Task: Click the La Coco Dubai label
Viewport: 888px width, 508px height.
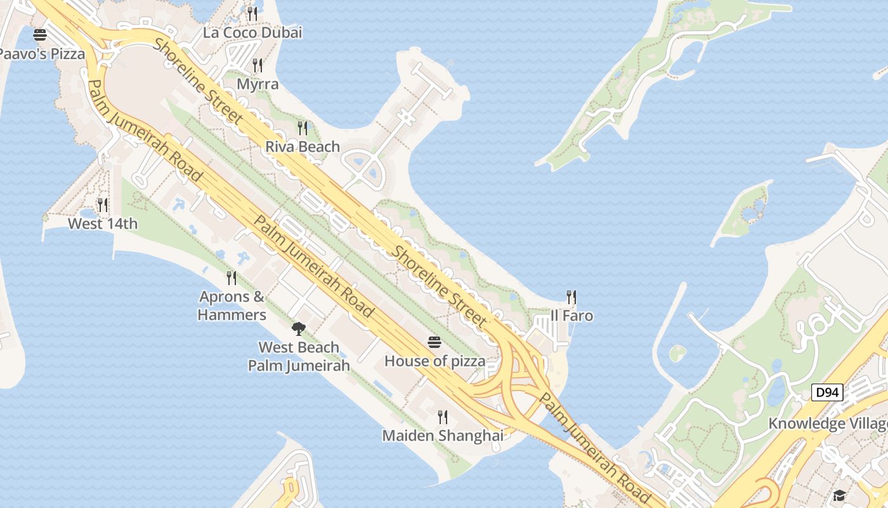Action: click(x=252, y=32)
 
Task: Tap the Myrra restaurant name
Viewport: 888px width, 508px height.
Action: click(x=258, y=84)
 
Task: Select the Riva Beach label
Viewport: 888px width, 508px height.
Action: click(x=303, y=147)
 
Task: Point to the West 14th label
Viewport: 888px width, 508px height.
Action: click(x=103, y=224)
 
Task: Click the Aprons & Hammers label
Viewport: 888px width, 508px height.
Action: click(x=232, y=305)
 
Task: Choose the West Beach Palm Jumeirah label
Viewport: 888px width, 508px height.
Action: click(x=299, y=356)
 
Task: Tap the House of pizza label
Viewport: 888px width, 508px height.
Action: click(x=435, y=361)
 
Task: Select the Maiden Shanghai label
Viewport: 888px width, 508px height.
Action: click(x=443, y=436)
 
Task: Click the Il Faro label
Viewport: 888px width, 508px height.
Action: click(x=571, y=316)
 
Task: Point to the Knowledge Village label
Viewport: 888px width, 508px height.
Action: click(x=827, y=424)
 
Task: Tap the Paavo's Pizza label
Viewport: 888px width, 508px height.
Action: click(x=41, y=54)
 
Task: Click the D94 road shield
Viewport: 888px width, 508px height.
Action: click(x=827, y=392)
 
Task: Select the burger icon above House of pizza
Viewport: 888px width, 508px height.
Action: click(x=434, y=343)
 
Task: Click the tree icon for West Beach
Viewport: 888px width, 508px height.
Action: click(x=298, y=328)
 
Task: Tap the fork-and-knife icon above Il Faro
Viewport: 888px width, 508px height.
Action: click(x=571, y=297)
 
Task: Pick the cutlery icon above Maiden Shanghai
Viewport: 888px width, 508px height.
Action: click(x=443, y=417)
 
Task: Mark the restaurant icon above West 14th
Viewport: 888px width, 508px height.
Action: click(x=103, y=204)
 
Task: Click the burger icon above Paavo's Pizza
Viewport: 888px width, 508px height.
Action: click(x=40, y=35)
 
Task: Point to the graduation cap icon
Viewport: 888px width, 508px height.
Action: click(x=840, y=495)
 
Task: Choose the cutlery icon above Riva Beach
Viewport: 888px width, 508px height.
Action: click(x=303, y=128)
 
